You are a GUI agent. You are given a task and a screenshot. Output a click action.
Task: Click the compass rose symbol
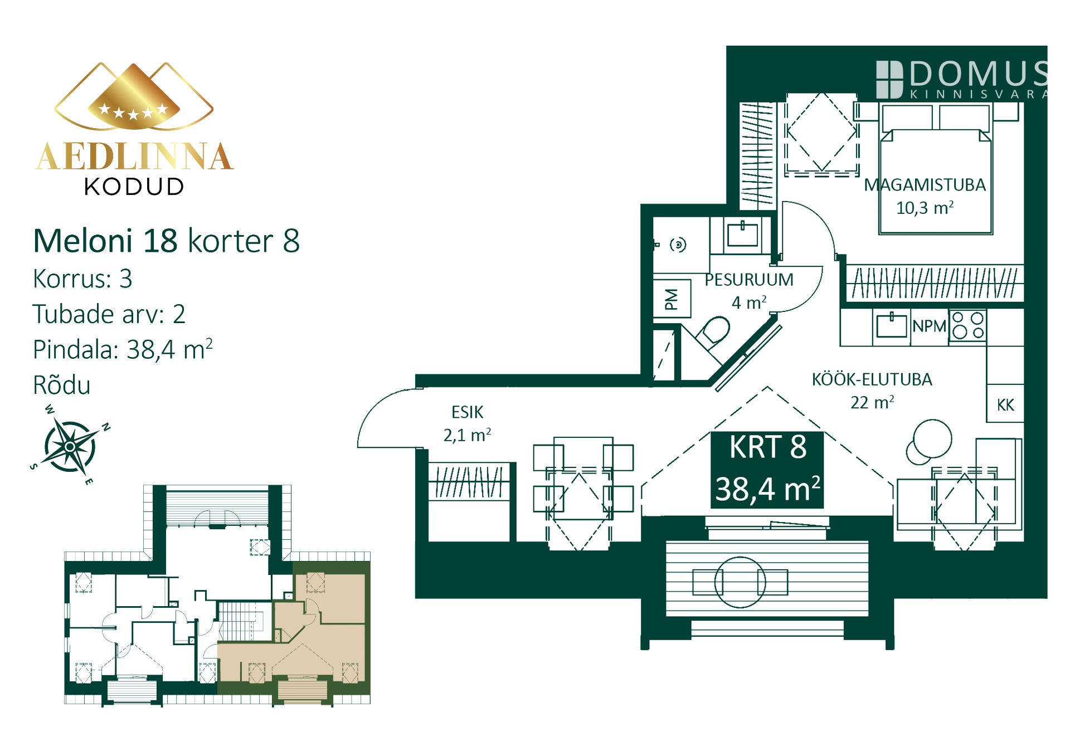70,446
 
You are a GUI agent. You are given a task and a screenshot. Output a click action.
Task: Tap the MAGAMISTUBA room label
925,185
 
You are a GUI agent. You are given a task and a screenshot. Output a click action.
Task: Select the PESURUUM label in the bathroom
749,280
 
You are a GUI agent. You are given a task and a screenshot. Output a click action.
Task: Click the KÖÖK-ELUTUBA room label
872,379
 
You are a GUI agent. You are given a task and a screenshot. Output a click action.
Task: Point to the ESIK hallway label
467,412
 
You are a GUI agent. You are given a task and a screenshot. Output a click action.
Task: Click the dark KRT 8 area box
767,470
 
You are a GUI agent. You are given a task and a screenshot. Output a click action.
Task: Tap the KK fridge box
1005,404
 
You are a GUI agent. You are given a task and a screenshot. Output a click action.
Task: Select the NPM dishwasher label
929,326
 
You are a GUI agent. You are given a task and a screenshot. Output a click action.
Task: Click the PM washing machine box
672,299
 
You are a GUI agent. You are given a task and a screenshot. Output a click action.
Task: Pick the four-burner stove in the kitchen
968,325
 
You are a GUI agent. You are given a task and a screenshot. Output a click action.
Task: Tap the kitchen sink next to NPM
892,325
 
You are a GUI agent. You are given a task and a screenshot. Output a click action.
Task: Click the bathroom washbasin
742,234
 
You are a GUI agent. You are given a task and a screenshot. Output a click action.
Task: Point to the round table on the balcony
740,582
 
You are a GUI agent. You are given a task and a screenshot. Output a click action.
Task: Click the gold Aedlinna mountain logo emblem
134,96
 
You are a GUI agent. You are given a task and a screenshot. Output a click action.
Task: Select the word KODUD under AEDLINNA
134,187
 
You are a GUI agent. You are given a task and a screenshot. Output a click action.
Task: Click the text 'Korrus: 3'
82,279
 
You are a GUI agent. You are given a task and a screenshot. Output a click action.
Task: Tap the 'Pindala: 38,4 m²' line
123,349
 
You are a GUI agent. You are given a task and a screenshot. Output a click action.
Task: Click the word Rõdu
61,384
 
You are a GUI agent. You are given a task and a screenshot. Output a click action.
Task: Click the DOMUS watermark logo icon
889,80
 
